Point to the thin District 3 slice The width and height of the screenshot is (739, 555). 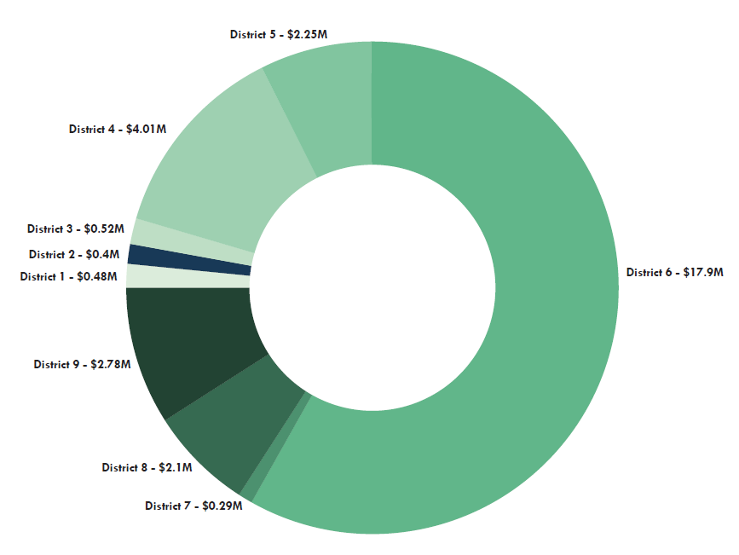(192, 237)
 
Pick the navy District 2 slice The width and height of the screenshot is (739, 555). (189, 257)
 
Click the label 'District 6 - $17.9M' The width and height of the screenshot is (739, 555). (674, 273)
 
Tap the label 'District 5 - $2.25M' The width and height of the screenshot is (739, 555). (279, 35)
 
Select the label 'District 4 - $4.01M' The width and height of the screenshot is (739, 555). (117, 130)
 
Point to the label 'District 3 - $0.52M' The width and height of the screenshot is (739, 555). (75, 229)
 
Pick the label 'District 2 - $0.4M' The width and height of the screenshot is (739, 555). (74, 254)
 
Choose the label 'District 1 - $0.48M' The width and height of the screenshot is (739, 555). (68, 276)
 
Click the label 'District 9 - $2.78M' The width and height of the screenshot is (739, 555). (82, 365)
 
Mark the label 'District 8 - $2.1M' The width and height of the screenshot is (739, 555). (147, 467)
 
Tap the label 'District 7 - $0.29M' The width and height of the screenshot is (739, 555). (193, 506)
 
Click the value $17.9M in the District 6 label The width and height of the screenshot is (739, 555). (703, 273)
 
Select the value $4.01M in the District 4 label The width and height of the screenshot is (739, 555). (146, 130)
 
